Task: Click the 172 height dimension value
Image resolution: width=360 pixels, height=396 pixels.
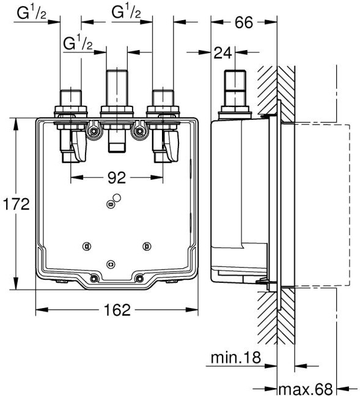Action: (16, 204)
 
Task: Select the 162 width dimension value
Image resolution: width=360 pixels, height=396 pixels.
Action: (117, 310)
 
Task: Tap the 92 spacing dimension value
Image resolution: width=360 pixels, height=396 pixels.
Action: (117, 178)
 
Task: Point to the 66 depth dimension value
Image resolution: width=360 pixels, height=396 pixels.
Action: (244, 22)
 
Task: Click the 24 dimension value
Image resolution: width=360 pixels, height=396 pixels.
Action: (222, 53)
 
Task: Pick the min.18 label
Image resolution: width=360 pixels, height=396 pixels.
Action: (235, 358)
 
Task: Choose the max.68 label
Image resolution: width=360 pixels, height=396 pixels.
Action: (306, 389)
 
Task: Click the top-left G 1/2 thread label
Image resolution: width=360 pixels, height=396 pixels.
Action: (32, 13)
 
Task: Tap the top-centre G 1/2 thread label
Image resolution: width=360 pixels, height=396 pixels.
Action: (126, 13)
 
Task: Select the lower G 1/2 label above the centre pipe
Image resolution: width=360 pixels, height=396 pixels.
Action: (78, 43)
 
